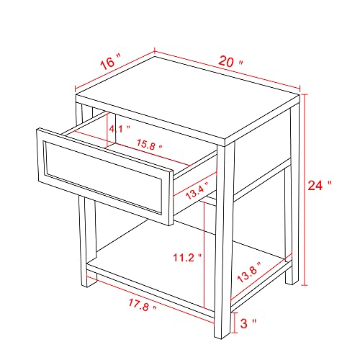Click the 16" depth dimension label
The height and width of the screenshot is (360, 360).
point(110,62)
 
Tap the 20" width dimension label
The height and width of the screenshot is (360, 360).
point(230,61)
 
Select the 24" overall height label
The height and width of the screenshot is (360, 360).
point(320,185)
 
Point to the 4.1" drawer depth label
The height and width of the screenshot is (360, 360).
point(119,129)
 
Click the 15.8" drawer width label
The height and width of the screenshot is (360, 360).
point(149,144)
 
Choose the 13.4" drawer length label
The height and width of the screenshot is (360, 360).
point(197,190)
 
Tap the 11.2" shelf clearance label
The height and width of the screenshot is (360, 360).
point(187,258)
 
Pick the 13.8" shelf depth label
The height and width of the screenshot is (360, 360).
point(249,272)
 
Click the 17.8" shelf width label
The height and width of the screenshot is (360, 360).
point(142,305)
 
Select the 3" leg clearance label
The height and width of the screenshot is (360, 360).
point(248,323)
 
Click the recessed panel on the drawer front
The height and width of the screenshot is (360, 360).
point(104,177)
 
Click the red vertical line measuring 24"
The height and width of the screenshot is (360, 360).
point(305,190)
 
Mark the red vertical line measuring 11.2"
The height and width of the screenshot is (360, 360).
point(204,255)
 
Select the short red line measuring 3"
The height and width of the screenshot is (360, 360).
point(235,323)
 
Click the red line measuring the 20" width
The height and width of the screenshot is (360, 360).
point(227,70)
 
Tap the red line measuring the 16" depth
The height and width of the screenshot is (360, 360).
point(114,70)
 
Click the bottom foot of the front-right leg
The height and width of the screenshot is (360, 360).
point(222,336)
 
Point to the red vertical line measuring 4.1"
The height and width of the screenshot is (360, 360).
point(107,130)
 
